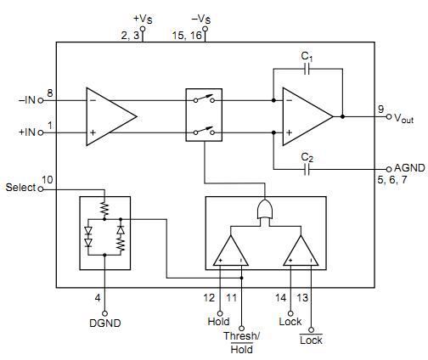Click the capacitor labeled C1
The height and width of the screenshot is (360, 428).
tap(307, 70)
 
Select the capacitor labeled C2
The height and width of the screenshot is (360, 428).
tap(307, 169)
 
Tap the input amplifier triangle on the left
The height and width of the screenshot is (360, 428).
tap(109, 115)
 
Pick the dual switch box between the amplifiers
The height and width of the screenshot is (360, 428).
tap(204, 115)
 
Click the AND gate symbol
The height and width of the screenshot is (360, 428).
tap(265, 211)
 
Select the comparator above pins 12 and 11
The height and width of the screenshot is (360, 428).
tap(230, 250)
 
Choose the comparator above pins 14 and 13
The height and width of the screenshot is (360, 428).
tap(301, 250)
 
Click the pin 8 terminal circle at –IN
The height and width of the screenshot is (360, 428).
tap(41, 99)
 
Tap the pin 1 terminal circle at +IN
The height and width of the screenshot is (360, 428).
tap(41, 132)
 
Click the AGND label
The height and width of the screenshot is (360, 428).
tap(410, 168)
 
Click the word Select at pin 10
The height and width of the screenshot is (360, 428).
tap(20, 186)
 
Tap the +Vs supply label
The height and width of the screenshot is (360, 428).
tap(143, 18)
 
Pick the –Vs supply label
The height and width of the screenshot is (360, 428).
tap(201, 18)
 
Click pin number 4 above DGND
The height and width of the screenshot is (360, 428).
tap(99, 298)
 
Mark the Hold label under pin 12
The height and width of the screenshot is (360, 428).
tap(219, 322)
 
